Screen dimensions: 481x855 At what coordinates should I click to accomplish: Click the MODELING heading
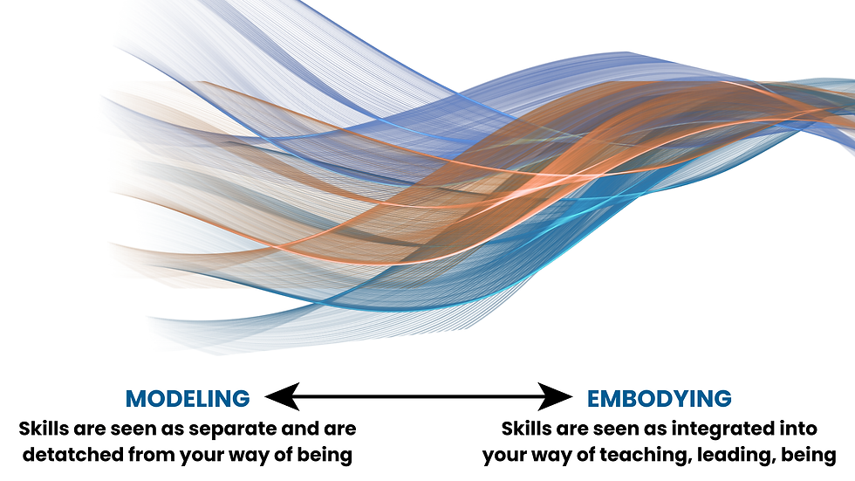(188, 399)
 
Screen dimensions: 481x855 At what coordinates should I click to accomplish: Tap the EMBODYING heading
(659, 399)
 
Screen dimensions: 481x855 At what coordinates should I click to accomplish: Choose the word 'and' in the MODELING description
(313, 429)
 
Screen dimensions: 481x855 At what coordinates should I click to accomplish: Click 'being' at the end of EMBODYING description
(811, 455)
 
